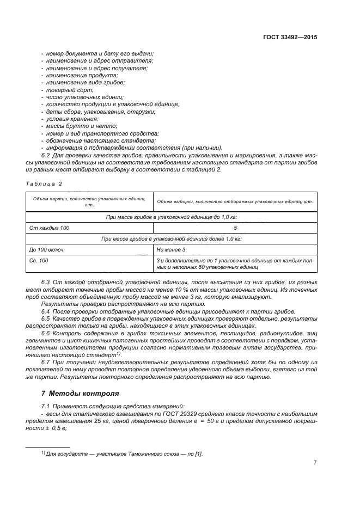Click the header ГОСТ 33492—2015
[290, 38]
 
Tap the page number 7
[315, 463]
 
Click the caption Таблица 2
[44, 183]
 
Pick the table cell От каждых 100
[49, 227]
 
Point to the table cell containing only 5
[235, 227]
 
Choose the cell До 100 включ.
[47, 249]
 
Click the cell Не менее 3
[171, 249]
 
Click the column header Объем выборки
[235, 201]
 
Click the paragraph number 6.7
[46, 362]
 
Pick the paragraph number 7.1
[46, 407]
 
